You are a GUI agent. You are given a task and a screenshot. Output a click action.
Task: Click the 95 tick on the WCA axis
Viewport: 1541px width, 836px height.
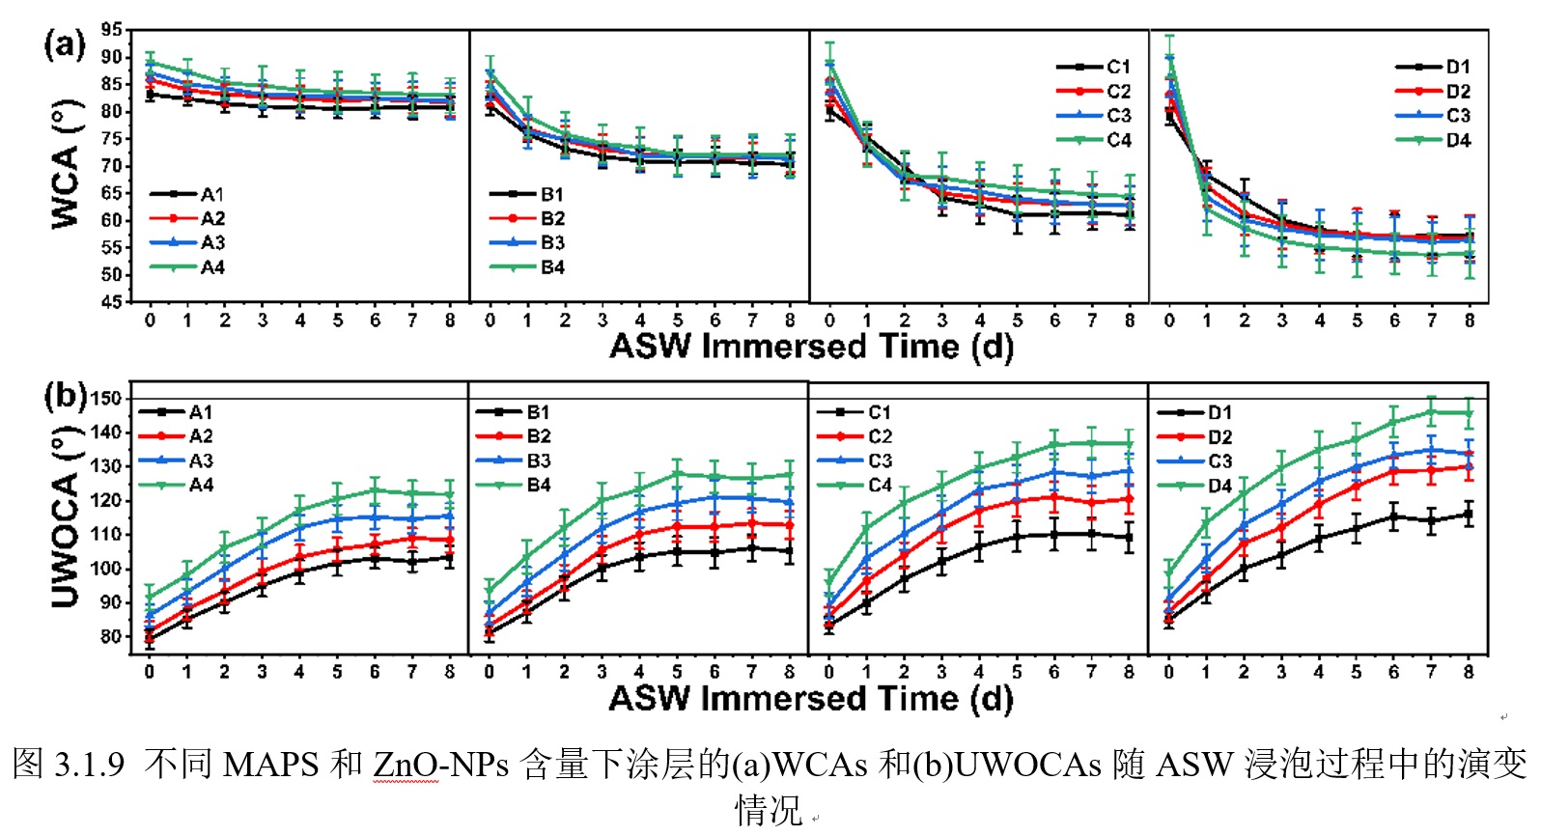coord(112,30)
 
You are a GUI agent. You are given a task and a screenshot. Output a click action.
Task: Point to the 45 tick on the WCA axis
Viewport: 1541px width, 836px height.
coord(112,301)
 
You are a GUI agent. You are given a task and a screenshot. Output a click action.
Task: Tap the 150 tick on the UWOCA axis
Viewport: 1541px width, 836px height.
coord(105,399)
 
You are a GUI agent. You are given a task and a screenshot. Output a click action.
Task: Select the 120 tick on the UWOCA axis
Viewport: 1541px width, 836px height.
coord(105,501)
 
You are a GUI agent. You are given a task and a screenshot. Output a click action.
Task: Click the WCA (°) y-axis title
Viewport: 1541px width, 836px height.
coord(66,165)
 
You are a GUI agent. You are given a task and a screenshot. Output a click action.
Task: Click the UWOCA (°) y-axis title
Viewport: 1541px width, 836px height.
coord(66,522)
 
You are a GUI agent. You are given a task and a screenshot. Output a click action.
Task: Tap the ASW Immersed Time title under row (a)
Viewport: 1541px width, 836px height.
coord(811,347)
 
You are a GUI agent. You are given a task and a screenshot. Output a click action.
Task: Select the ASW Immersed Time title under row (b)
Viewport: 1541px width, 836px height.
coord(811,698)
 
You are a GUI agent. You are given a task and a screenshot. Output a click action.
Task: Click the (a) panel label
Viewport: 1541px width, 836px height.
coord(64,44)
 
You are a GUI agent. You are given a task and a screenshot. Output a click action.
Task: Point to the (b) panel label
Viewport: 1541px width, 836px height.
coord(66,396)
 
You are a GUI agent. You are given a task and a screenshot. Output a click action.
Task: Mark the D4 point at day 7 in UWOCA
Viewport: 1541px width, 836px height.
coord(1432,412)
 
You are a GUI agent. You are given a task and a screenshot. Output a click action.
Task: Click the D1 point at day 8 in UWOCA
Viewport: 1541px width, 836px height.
coord(1469,515)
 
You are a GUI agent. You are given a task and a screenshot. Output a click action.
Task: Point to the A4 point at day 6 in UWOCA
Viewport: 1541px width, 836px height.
coord(375,490)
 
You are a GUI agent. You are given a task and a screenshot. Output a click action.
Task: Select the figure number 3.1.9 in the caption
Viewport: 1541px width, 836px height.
coord(90,765)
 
